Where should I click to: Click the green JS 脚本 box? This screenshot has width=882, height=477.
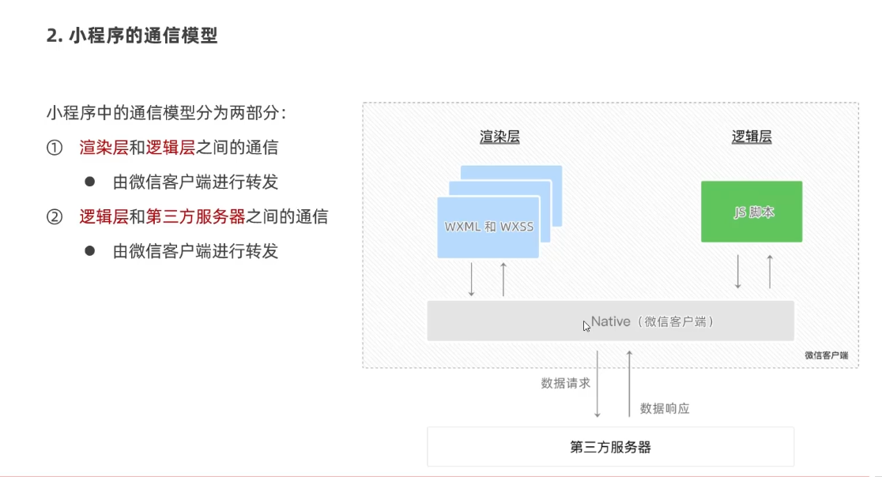751,212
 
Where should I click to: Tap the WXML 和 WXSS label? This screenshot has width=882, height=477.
488,227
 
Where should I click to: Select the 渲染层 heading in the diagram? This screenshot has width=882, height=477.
499,137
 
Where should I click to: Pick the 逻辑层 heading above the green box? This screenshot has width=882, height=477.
751,137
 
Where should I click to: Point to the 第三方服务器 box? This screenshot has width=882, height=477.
610,447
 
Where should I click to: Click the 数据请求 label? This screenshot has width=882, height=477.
566,383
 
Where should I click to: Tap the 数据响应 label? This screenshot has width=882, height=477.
665,408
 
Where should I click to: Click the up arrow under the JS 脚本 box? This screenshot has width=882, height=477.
769,271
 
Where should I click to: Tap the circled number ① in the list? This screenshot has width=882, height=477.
54,148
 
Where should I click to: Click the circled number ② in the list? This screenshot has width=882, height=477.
54,216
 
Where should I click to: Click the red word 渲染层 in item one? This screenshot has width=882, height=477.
97,148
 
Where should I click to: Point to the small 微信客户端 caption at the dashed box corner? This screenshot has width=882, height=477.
826,355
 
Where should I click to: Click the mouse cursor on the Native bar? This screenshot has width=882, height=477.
586,325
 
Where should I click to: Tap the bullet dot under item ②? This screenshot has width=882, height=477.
90,250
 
